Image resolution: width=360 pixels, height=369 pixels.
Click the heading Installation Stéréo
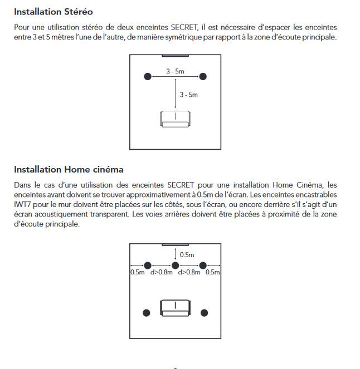point(53,12)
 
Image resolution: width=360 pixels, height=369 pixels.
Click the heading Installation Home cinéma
point(69,169)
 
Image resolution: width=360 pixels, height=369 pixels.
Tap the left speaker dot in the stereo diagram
point(148,76)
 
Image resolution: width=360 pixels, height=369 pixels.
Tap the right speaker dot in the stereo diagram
point(203,76)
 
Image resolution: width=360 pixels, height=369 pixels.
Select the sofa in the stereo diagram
point(175,118)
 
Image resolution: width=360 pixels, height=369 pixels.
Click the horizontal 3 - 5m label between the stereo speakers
point(175,71)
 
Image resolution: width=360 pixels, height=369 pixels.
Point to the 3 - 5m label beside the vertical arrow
point(188,95)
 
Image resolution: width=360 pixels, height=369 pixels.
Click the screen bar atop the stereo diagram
point(175,56)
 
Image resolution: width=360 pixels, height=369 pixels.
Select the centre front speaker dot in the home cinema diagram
point(175,265)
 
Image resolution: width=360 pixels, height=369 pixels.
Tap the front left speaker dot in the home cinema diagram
point(148,265)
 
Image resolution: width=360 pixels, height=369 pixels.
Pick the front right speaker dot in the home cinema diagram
point(203,265)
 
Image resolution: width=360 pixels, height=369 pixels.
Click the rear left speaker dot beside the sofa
point(147,313)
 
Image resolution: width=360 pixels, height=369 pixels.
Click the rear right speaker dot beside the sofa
point(205,313)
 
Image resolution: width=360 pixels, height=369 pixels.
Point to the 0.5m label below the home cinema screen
point(187,255)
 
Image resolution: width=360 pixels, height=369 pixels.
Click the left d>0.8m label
point(162,273)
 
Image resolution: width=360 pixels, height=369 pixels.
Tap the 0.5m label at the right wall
point(213,273)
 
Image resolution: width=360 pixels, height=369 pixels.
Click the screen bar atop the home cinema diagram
point(175,245)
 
